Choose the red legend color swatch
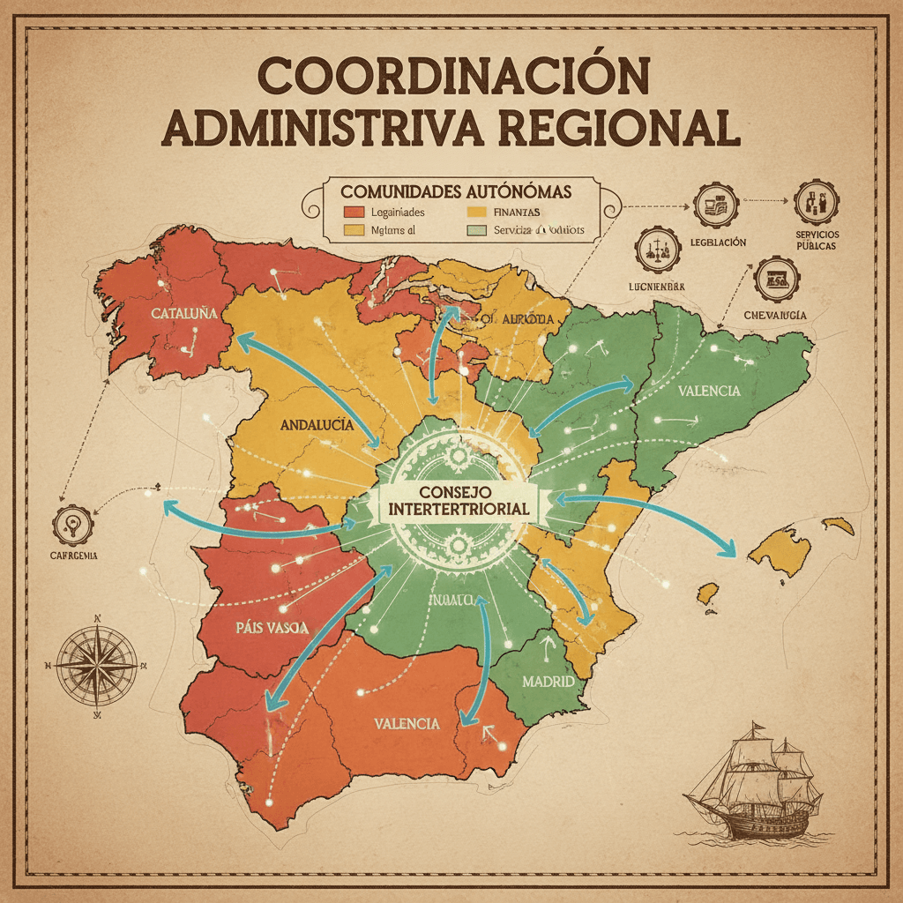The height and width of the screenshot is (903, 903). coord(353,213)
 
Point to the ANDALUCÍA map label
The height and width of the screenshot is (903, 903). coord(317,424)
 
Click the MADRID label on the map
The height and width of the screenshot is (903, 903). coord(548,682)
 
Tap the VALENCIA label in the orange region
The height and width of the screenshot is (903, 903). coord(407,723)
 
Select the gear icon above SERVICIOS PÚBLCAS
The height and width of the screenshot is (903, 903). coord(815,203)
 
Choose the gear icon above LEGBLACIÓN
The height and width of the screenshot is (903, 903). coord(715,206)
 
